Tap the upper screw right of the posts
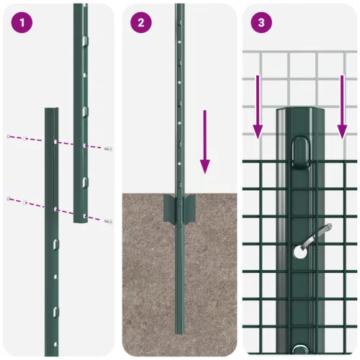click(x=107, y=148)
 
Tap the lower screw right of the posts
click(x=107, y=220)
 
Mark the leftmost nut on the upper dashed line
click(x=9, y=136)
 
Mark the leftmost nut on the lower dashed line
click(x=9, y=198)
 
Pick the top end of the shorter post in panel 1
click(x=52, y=111)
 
